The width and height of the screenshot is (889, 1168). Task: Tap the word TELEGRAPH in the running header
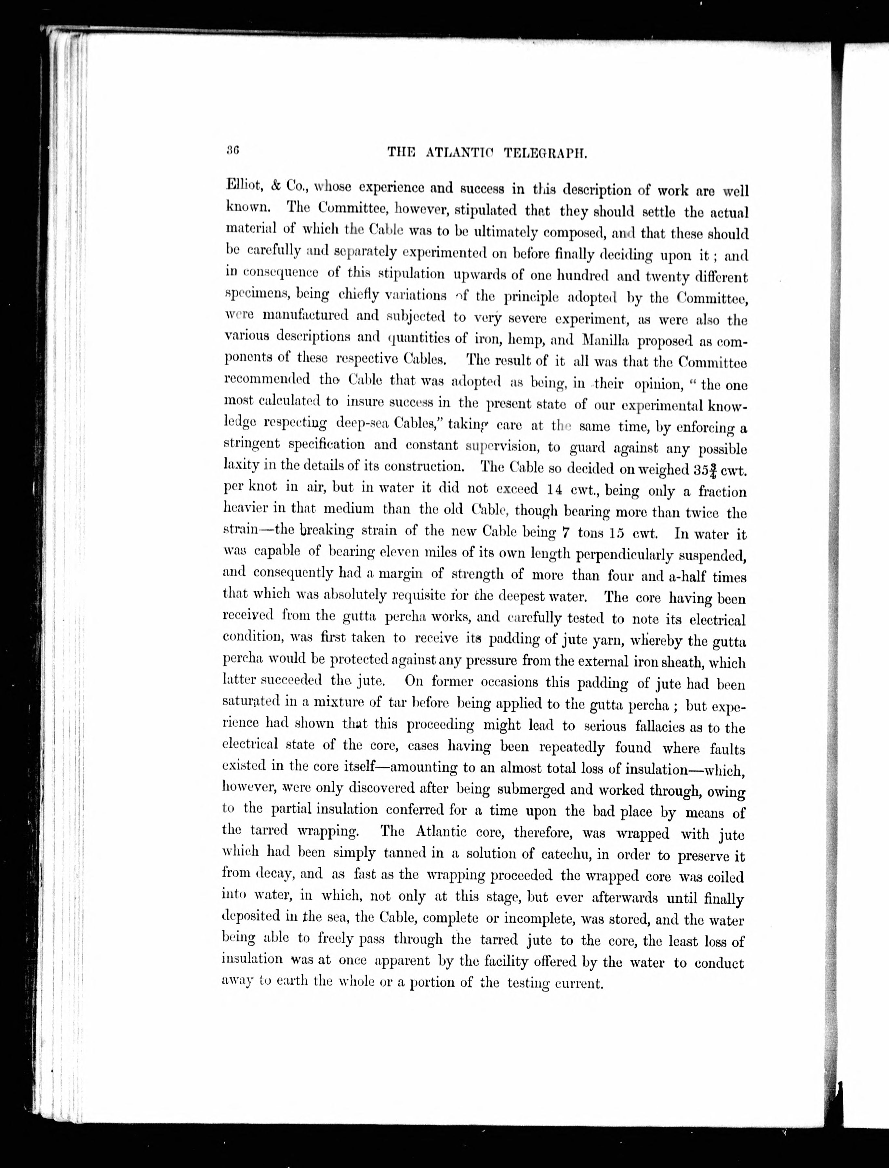click(x=545, y=153)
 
